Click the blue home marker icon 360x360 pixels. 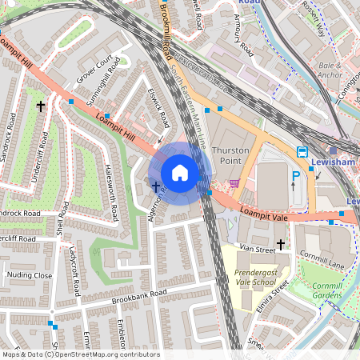(180, 173)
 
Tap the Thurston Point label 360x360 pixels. (230, 155)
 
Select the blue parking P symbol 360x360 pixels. (295, 177)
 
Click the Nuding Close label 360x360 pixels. (30, 275)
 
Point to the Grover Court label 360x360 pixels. (94, 70)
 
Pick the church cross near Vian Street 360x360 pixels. (281, 243)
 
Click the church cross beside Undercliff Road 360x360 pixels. (40, 106)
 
